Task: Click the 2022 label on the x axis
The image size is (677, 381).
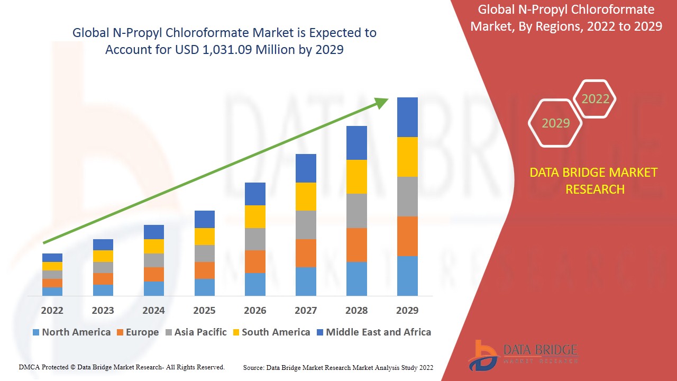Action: [x=52, y=310]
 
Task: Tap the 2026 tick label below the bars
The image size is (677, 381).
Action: [x=255, y=310]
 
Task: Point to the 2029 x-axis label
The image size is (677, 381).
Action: [x=407, y=310]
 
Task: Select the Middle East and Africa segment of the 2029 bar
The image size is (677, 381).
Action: [x=407, y=117]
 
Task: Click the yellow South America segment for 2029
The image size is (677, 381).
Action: [x=407, y=157]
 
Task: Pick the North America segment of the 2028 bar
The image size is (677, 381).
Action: [x=356, y=278]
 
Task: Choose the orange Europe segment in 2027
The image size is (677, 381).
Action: [x=306, y=253]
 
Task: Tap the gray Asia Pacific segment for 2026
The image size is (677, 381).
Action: [x=255, y=239]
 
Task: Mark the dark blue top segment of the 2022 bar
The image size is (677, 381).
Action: [x=52, y=258]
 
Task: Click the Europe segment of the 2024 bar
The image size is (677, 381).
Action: [x=154, y=274]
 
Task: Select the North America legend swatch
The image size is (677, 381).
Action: [x=36, y=333]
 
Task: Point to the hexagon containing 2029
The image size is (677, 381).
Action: [x=555, y=123]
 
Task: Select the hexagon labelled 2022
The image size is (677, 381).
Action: [x=595, y=99]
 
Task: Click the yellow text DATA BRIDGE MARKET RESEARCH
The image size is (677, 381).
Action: [x=594, y=180]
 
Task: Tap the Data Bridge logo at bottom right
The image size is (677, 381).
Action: [x=522, y=354]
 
